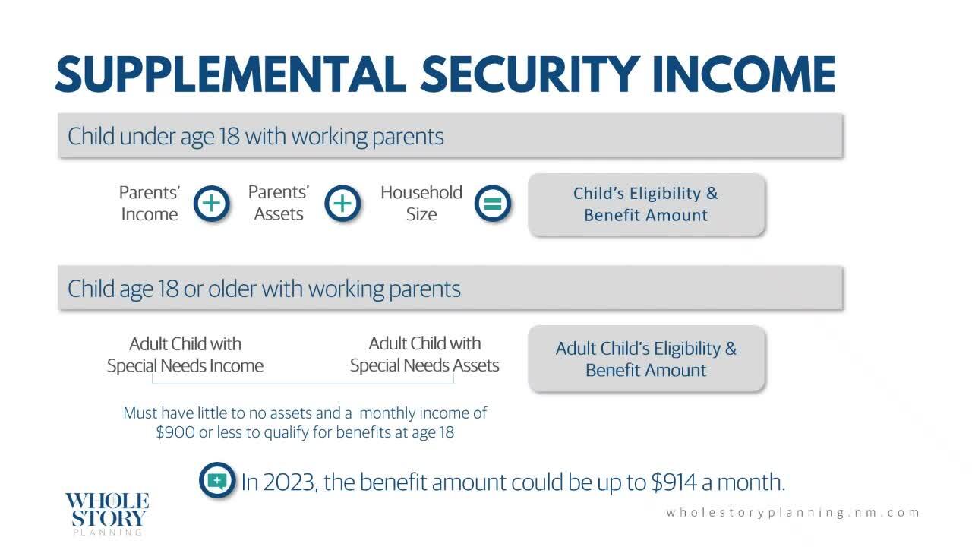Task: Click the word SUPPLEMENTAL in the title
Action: tap(231, 74)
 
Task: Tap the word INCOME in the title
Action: tap(743, 74)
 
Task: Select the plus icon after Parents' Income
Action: tap(211, 203)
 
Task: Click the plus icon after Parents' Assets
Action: tap(342, 203)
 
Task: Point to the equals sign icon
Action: tap(493, 203)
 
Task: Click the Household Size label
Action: tap(421, 203)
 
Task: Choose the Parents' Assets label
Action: tap(279, 203)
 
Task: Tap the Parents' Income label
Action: tap(150, 203)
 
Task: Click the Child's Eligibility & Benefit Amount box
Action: tap(646, 204)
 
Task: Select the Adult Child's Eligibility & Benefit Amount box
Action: tap(646, 359)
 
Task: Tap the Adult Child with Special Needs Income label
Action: tap(185, 355)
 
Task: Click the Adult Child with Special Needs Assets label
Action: tap(424, 354)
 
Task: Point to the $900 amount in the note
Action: tap(175, 432)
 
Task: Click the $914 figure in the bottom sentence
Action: tap(674, 482)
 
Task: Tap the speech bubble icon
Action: tap(217, 480)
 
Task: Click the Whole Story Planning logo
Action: tap(107, 514)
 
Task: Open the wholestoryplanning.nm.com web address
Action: tap(793, 513)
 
